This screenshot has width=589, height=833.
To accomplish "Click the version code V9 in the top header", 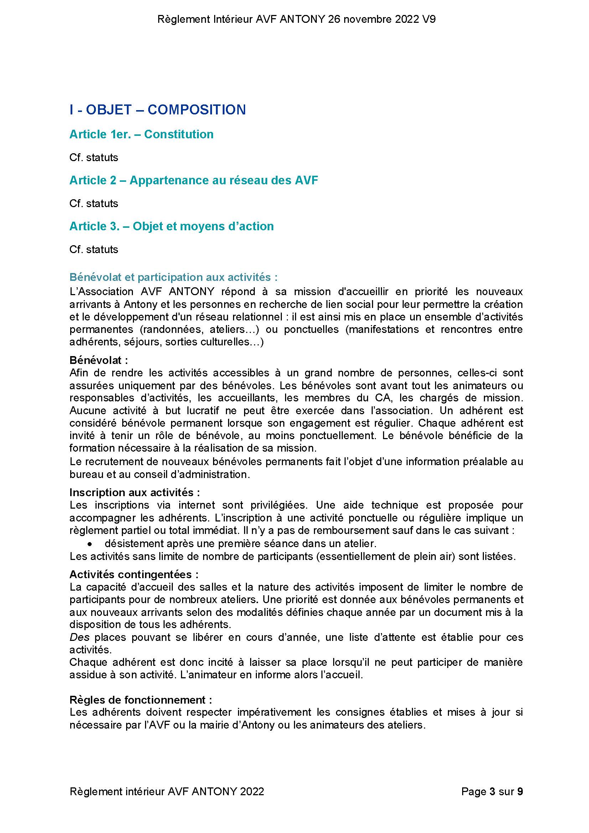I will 429,19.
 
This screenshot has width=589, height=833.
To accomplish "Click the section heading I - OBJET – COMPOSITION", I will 157,109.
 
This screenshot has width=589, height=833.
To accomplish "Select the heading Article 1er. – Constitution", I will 141,134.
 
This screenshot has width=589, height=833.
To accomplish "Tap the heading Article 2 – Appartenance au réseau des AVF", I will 194,180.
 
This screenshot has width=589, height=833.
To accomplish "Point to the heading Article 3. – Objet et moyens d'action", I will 171,226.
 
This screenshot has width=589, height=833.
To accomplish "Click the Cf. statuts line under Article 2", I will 94,204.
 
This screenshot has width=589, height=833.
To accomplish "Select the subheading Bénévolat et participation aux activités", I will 174,277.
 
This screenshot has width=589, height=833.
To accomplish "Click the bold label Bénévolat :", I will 99,360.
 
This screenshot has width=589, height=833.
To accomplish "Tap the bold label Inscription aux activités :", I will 135,492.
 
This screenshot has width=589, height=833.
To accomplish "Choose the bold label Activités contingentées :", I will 134,574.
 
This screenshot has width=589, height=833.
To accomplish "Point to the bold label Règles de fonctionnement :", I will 141,700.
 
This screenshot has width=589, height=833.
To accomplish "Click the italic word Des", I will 79,637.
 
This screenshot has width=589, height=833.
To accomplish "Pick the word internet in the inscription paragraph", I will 197,505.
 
